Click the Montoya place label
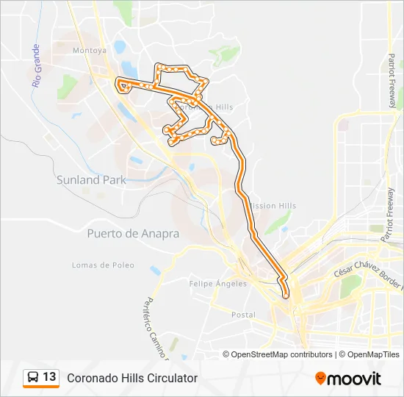coord(90,51)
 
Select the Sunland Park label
coord(91,179)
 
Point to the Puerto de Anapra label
coord(133,233)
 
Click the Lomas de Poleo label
coord(103,265)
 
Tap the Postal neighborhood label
coord(243,315)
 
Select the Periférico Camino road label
coord(155,328)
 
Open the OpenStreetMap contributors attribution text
coord(282,354)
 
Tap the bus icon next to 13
coord(33,377)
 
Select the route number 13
coord(49,377)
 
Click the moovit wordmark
coord(355,379)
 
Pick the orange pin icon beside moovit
coord(320,379)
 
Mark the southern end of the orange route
coord(286,296)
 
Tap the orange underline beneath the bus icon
coord(41,387)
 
